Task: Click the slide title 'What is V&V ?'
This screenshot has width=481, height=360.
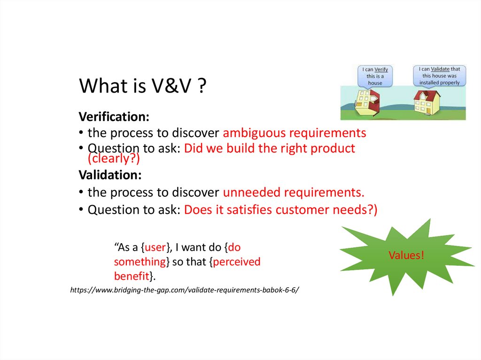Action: (x=142, y=86)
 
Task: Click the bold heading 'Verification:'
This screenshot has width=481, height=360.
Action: (x=114, y=116)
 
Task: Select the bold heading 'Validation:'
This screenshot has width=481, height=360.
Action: (x=110, y=175)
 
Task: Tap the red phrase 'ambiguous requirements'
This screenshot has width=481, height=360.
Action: (x=295, y=133)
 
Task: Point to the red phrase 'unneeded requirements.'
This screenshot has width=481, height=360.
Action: (x=294, y=192)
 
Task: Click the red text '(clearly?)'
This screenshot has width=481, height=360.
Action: (x=114, y=159)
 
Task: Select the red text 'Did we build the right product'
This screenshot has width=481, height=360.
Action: (x=270, y=149)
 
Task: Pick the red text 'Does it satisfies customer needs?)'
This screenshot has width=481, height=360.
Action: (x=280, y=209)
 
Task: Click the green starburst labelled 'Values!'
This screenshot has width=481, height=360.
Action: (x=406, y=256)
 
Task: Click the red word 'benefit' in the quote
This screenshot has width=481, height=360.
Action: (x=132, y=276)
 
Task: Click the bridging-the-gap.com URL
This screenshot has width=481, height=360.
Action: (x=185, y=290)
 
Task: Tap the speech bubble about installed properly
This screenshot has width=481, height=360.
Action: (x=440, y=76)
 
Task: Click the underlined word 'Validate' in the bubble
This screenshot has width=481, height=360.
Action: (x=443, y=69)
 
